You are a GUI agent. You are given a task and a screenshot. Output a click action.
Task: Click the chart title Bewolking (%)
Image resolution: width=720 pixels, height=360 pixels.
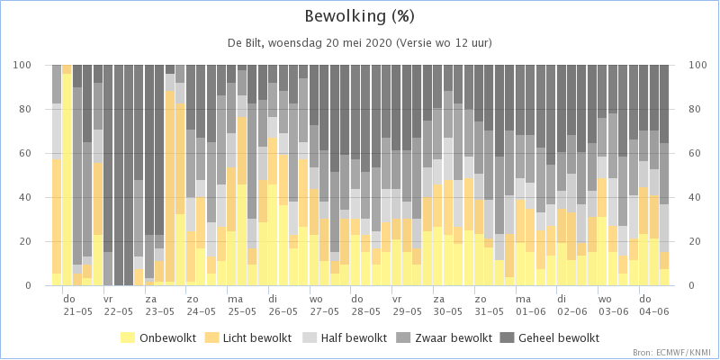click(359, 17)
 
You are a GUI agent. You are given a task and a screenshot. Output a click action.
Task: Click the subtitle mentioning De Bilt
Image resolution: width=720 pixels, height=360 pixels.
click(359, 43)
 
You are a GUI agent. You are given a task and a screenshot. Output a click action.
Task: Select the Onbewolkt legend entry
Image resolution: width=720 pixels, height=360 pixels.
click(158, 338)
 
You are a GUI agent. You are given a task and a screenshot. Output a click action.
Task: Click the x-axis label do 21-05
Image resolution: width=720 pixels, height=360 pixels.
click(77, 305)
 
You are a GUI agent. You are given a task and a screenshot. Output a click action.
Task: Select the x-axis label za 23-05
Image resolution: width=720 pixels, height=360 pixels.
click(160, 305)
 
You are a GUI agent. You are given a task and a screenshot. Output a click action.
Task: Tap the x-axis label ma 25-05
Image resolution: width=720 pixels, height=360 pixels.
click(242, 305)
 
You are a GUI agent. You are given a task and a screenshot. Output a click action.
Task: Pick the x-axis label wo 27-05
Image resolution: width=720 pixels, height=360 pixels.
click(324, 305)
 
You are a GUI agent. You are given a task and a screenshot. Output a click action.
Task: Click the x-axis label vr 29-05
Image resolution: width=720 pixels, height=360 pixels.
click(407, 305)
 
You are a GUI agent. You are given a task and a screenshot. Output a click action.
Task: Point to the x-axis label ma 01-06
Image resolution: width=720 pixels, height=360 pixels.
click(530, 305)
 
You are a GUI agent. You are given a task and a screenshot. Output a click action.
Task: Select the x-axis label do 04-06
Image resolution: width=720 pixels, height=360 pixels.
click(654, 305)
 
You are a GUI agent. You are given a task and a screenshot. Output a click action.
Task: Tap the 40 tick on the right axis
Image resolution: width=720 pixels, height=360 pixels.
click(683, 197)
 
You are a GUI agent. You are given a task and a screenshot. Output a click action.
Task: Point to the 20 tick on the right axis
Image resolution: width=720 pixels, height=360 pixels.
click(683, 241)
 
